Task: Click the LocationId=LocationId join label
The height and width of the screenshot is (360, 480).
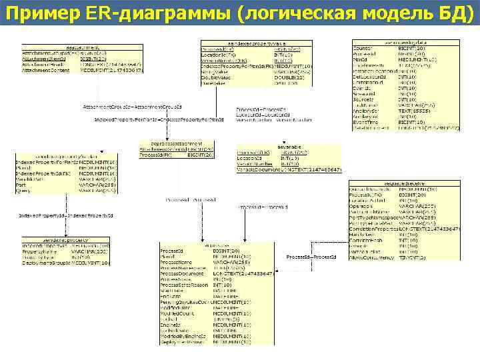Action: (255, 114)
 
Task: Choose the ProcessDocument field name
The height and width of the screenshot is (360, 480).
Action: (182, 273)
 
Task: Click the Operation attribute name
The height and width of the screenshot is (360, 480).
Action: (362, 207)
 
